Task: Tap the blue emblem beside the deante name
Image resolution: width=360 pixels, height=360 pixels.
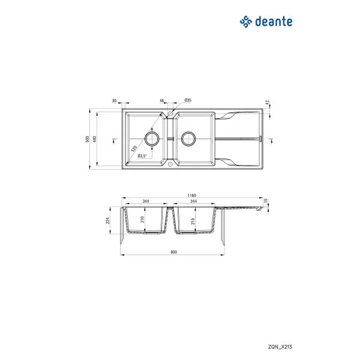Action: point(245,22)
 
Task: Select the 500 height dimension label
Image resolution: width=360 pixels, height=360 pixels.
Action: point(88,139)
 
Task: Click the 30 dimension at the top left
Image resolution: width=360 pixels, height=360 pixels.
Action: point(114,100)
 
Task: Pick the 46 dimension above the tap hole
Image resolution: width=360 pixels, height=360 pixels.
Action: point(161,100)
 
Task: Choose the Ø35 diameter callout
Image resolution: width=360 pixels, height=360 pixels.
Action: point(187,100)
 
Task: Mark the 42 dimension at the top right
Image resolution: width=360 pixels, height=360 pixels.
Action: point(268,103)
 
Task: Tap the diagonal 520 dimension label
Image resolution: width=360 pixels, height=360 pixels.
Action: point(135,147)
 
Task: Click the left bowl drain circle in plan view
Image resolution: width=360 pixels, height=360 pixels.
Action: point(152,139)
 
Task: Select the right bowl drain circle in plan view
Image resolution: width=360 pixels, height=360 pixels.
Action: point(188,139)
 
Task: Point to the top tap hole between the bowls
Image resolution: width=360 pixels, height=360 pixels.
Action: point(171,113)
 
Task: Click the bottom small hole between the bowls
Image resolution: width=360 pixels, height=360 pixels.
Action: point(171,163)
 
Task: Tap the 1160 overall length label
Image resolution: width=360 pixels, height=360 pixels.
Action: point(191,196)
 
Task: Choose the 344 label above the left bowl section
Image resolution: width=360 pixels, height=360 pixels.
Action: point(146,202)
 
